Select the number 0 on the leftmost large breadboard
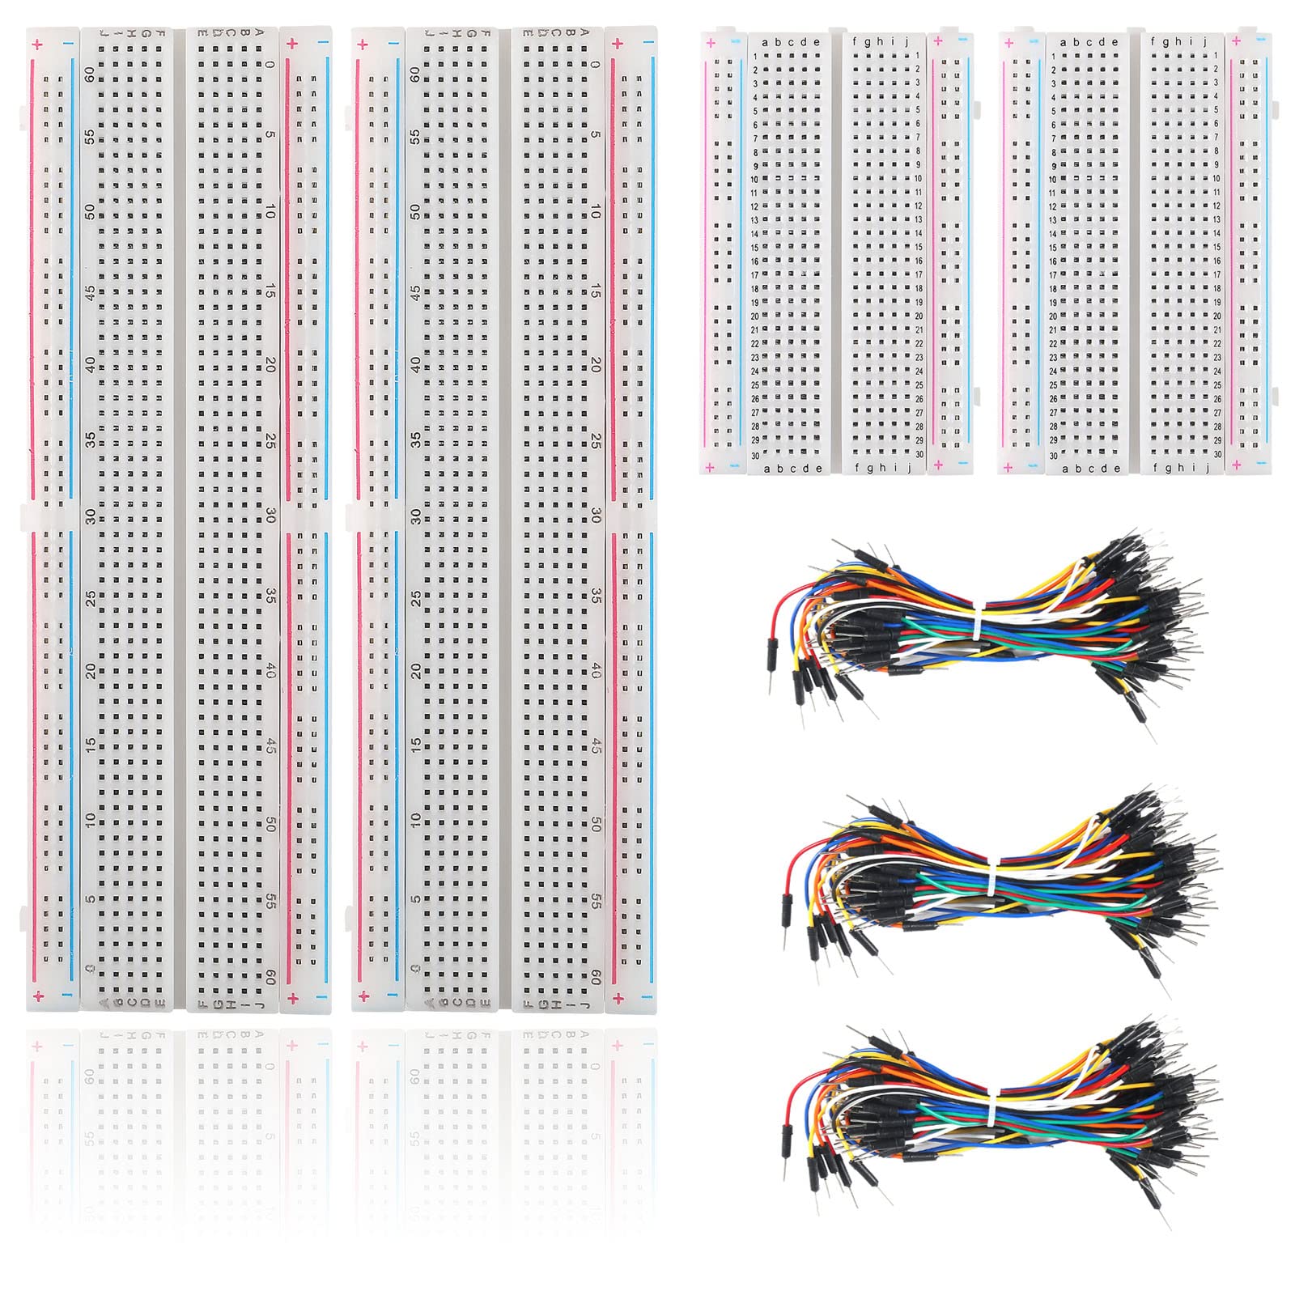[270, 66]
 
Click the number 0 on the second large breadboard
[595, 66]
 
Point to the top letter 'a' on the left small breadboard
[766, 43]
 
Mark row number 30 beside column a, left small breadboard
[755, 456]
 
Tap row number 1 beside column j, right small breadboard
[1216, 56]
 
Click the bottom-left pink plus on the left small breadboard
[710, 467]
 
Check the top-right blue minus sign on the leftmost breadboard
[324, 45]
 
